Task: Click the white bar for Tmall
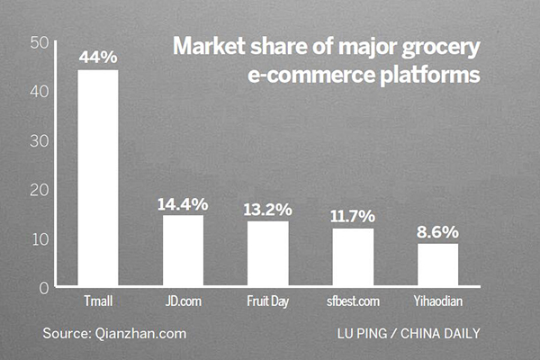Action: coord(98,176)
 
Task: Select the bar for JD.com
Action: coord(183,249)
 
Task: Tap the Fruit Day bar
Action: coord(267,252)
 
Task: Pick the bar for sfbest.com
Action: coord(353,256)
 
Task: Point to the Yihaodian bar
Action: coord(437,264)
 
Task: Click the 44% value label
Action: coord(98,58)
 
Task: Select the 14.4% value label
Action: coord(183,204)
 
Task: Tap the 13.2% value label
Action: coord(267,210)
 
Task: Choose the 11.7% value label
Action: coord(353,217)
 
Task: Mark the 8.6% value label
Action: coord(437,232)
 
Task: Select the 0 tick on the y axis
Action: coord(44,287)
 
